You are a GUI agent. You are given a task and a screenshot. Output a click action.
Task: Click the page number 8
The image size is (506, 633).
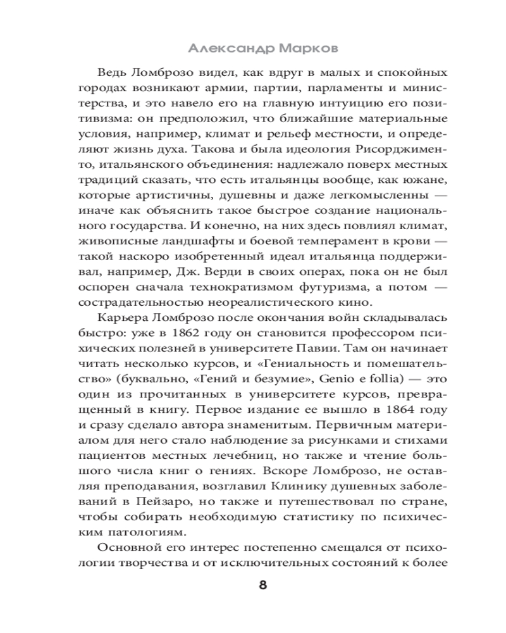[262, 584]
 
